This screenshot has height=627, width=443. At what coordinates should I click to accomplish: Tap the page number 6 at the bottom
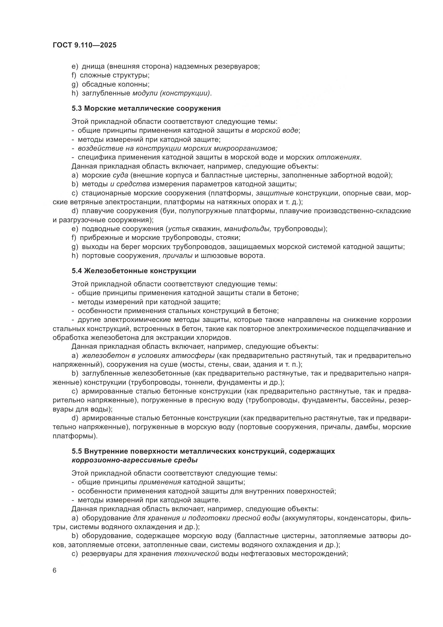(x=55, y=571)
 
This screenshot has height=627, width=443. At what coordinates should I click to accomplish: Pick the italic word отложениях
(x=338, y=157)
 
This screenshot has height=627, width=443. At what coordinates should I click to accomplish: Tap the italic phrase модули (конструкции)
(x=171, y=93)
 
